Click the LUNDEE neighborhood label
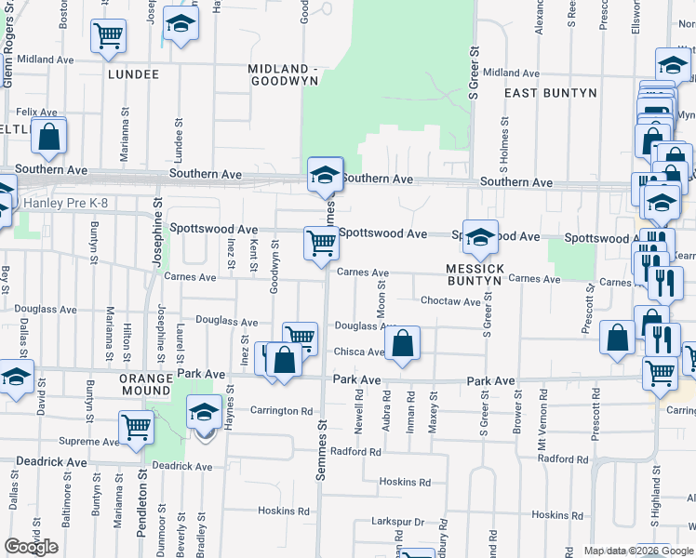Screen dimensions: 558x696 (133, 73)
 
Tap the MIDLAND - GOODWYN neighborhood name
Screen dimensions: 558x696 (284, 74)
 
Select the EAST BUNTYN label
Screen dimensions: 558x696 (542, 93)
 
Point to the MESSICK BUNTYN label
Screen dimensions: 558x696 (475, 274)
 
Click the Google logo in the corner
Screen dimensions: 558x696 (31, 547)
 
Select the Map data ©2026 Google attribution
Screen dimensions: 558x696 (638, 551)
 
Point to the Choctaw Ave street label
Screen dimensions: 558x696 (450, 301)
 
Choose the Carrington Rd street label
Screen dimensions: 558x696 (281, 410)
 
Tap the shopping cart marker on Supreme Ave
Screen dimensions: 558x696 (136, 430)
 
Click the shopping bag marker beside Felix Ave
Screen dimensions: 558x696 (48, 137)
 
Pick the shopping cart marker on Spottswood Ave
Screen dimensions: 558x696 (321, 244)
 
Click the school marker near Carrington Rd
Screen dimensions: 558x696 (204, 412)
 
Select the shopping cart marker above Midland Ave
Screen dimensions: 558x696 (109, 37)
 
